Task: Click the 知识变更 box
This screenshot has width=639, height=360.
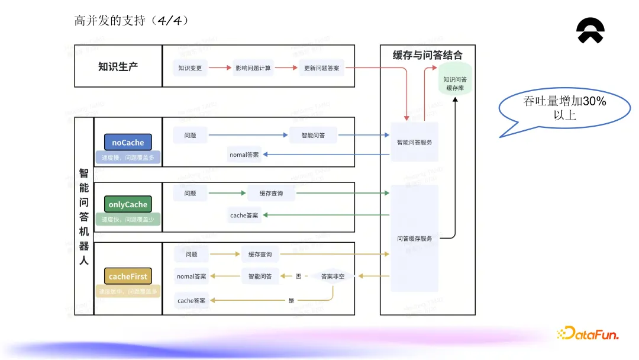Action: [x=190, y=68]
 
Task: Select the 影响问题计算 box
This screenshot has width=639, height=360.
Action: [x=253, y=68]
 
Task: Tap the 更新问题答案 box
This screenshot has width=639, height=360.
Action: [x=321, y=68]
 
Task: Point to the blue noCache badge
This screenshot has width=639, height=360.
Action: [x=128, y=142]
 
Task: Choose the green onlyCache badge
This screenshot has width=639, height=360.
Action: [x=128, y=204]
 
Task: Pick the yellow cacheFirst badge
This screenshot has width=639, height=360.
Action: [x=128, y=277]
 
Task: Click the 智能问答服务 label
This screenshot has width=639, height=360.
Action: [x=414, y=142]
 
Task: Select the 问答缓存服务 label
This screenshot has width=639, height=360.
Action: [x=414, y=239]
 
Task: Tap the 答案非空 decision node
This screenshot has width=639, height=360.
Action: [x=333, y=276]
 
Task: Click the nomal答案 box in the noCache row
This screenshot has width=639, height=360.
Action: [x=244, y=155]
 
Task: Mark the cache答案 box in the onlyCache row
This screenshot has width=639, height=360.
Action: [x=244, y=216]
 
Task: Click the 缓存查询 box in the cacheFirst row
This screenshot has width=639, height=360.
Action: [x=260, y=255]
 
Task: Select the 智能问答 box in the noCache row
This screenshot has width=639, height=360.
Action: [x=312, y=136]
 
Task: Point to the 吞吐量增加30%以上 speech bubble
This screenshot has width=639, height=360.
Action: [x=564, y=110]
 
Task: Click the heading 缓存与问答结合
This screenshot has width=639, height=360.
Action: [x=427, y=55]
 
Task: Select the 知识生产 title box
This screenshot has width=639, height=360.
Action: [x=118, y=66]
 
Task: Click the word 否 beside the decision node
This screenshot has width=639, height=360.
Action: [x=298, y=276]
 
